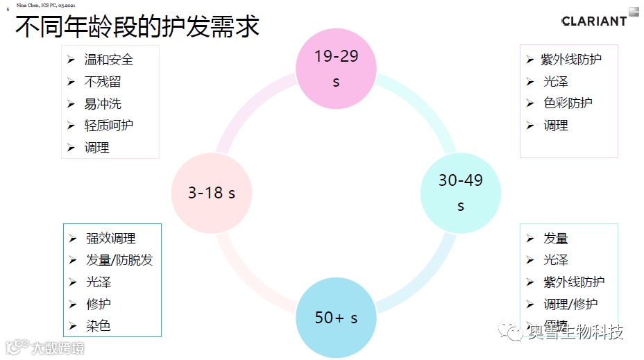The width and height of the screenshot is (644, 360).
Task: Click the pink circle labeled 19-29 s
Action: (x=336, y=68)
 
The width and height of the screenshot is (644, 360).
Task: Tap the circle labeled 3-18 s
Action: (x=211, y=193)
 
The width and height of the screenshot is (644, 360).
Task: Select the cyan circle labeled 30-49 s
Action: (x=460, y=193)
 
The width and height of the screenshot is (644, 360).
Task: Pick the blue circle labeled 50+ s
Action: (x=336, y=318)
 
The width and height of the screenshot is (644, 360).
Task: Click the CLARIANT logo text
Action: (x=594, y=21)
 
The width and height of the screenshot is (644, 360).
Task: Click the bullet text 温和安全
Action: (x=108, y=60)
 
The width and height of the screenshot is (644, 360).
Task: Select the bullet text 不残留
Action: (x=103, y=82)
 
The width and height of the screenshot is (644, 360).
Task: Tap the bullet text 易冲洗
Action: (x=103, y=104)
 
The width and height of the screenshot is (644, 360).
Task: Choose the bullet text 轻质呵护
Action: (x=108, y=126)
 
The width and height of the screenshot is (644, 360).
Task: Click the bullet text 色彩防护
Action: (x=568, y=103)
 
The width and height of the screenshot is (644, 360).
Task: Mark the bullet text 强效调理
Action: (x=110, y=239)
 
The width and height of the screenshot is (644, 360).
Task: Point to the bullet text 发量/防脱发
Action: (x=119, y=260)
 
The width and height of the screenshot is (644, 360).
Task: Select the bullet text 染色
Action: (x=98, y=325)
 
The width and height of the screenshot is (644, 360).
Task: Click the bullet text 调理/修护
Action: (x=570, y=304)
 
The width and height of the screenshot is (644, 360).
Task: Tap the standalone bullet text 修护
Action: (x=98, y=304)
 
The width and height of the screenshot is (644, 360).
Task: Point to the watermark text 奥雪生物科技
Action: (x=575, y=332)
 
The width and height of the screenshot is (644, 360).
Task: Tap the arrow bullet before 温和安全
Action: (x=71, y=60)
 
